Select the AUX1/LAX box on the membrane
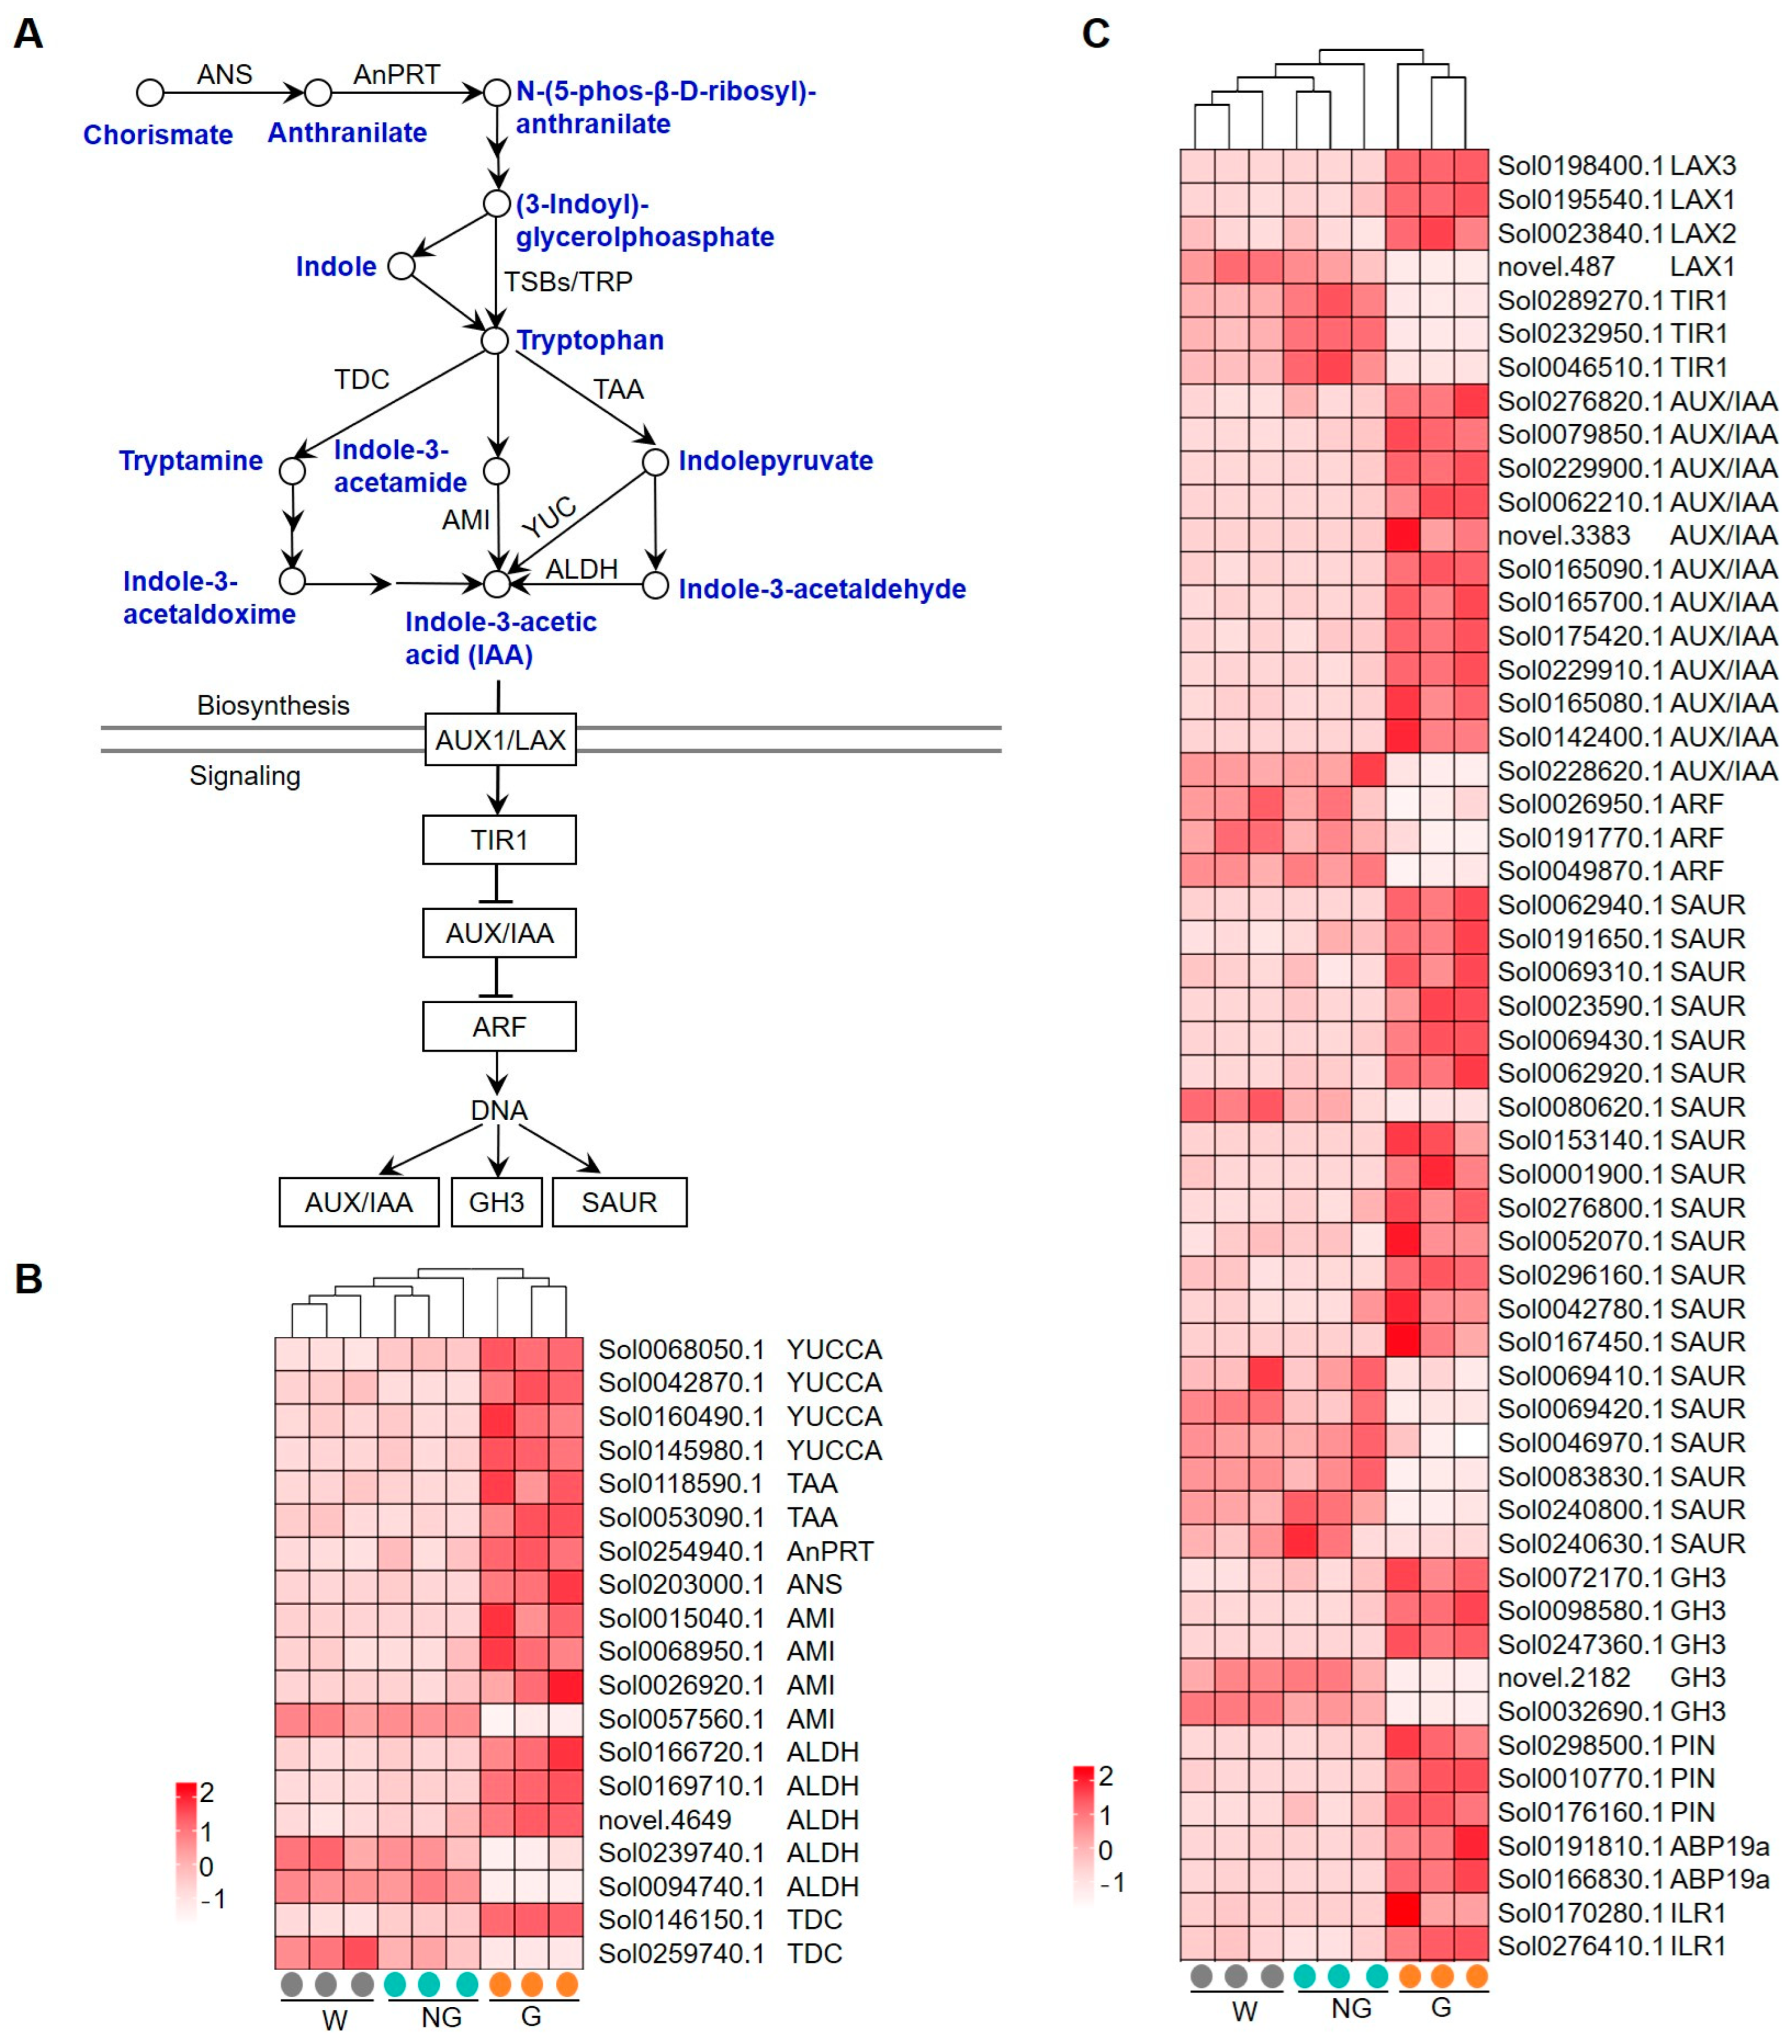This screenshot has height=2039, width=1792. (499, 739)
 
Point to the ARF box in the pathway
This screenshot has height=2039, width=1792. (498, 1027)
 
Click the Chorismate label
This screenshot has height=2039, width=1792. (158, 135)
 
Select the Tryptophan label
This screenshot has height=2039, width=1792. (589, 340)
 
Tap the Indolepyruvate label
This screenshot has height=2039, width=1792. (775, 461)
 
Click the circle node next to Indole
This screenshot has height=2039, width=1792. (401, 266)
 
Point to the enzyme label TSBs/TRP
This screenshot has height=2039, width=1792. (567, 282)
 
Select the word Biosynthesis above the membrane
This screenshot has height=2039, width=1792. (272, 705)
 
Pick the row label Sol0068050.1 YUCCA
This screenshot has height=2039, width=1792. (739, 1350)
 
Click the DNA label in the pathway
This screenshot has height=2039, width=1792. (498, 1110)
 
